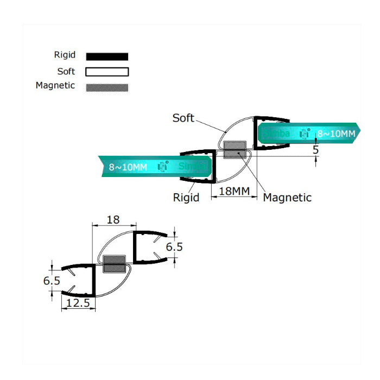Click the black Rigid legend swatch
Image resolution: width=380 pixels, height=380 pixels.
[x=107, y=56]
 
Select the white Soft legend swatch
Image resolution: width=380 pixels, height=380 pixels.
[x=107, y=72]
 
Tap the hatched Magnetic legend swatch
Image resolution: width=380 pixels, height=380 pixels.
[x=107, y=87]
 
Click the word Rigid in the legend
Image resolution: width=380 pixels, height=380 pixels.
[x=65, y=55]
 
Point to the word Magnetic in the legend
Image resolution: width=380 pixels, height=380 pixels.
[x=55, y=86]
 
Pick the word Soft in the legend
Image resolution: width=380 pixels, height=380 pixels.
[x=66, y=71]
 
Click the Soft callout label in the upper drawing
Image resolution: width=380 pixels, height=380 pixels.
[x=183, y=118]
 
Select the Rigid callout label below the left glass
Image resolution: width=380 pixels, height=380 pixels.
[x=186, y=197]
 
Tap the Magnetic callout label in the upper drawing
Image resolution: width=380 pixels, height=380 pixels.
[x=287, y=198]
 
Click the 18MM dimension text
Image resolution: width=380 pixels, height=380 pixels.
[x=233, y=192]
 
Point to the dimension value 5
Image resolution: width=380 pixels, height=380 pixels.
[x=315, y=150]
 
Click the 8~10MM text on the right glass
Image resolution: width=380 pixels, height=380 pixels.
[x=336, y=133]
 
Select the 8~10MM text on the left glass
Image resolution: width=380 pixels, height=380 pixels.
[x=128, y=167]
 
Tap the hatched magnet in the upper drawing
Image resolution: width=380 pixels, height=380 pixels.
[x=235, y=150]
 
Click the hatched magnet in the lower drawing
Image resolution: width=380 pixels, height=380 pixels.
[x=114, y=264]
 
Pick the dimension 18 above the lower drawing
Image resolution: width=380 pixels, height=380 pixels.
[x=113, y=220]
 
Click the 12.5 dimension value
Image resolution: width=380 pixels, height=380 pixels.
[x=78, y=303]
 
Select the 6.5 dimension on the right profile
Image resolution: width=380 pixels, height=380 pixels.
[x=174, y=247]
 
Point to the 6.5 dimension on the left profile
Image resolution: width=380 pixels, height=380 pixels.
[x=52, y=281]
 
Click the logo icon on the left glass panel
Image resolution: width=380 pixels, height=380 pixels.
[x=162, y=167]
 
